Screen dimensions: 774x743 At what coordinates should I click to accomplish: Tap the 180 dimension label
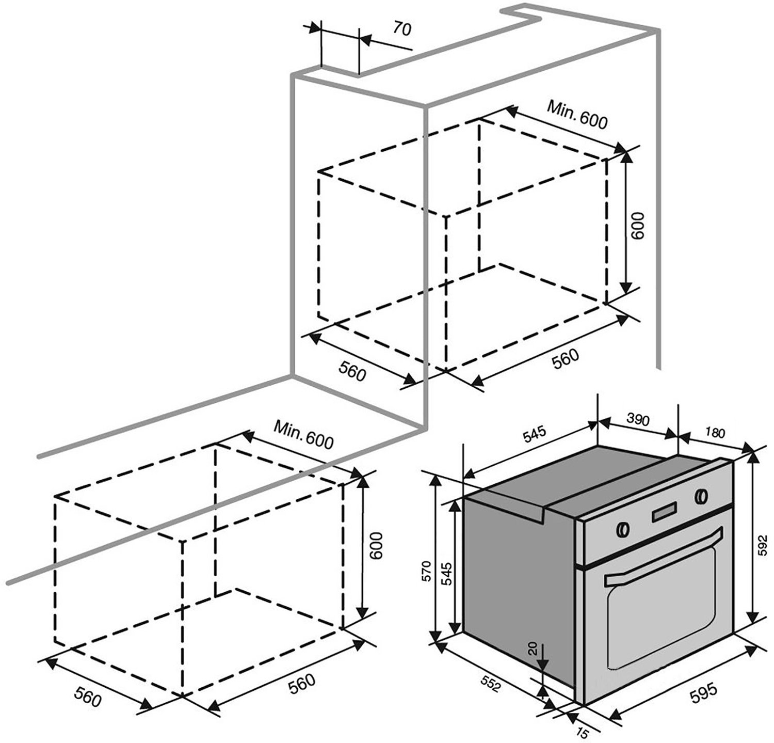pos(715,433)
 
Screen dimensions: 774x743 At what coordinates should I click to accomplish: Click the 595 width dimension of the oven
pos(705,691)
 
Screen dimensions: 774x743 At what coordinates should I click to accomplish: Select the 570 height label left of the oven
pos(425,571)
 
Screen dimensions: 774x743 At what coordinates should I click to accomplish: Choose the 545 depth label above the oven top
pos(534,436)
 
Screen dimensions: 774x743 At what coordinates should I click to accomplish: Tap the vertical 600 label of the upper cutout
pos(638,225)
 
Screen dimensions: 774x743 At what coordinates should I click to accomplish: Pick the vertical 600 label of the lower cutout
pos(377,545)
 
